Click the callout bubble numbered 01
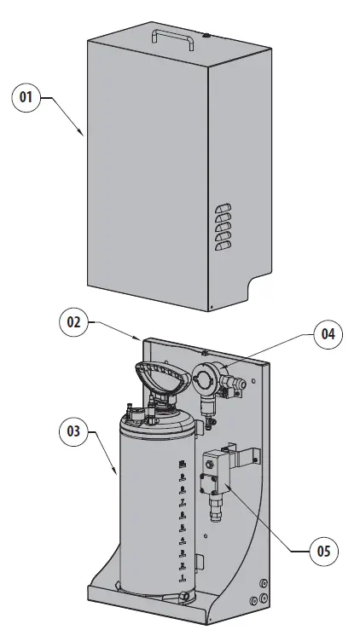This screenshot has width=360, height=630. click(x=26, y=98)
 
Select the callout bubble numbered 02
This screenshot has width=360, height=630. click(x=74, y=322)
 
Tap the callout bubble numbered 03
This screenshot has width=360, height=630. click(x=74, y=431)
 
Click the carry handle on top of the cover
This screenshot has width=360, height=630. click(x=168, y=36)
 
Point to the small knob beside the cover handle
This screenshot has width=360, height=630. click(x=206, y=36)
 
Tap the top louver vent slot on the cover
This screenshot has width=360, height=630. click(x=223, y=208)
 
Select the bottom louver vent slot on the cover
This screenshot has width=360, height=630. click(x=223, y=246)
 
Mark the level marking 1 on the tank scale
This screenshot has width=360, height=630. click(x=182, y=577)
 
